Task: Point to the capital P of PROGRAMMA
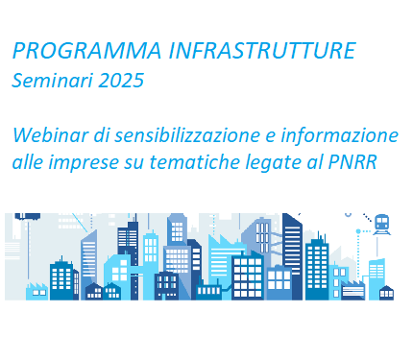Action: pos(18,49)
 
